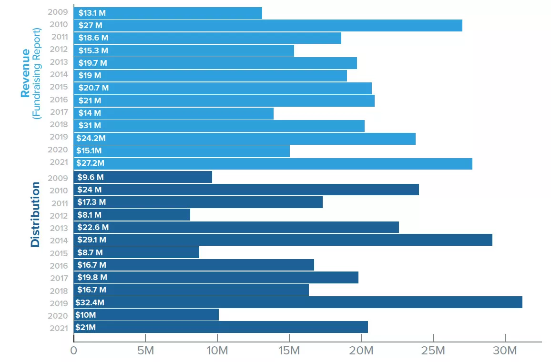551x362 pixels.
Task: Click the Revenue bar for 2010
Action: (x=268, y=25)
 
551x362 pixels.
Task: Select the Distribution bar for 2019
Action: (x=298, y=302)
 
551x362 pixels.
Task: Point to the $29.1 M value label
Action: (x=92, y=240)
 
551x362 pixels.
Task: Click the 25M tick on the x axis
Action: (x=433, y=351)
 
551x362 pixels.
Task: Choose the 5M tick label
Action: (x=145, y=351)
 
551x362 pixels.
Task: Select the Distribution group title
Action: (x=35, y=214)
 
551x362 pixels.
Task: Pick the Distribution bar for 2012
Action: (x=132, y=215)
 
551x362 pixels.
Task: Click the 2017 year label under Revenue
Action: (x=59, y=112)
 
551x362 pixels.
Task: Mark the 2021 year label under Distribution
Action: (x=59, y=327)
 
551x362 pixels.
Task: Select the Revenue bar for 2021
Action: (x=273, y=163)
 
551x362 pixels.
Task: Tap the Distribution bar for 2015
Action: (x=136, y=252)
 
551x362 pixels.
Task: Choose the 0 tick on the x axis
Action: (x=74, y=351)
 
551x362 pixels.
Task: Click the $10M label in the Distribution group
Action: (x=86, y=315)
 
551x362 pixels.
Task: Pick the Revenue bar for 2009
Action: (x=168, y=13)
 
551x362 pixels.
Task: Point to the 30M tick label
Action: (x=505, y=351)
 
